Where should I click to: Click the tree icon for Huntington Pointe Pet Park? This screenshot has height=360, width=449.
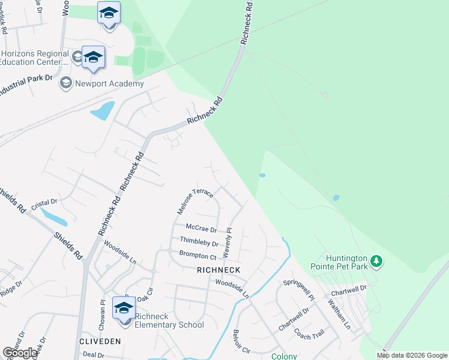pyautogui.click(x=376, y=261)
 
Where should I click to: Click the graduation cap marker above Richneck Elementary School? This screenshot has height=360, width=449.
pyautogui.click(x=124, y=308)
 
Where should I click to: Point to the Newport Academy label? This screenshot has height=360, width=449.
pyautogui.click(x=109, y=83)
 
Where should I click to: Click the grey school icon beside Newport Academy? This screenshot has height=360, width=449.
pyautogui.click(x=66, y=83)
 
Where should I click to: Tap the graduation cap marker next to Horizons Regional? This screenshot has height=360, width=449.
pyautogui.click(x=94, y=58)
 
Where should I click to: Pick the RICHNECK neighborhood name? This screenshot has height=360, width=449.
pyautogui.click(x=218, y=271)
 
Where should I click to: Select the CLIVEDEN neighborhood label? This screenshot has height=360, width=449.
pyautogui.click(x=100, y=341)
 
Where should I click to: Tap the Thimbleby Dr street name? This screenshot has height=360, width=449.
pyautogui.click(x=199, y=242)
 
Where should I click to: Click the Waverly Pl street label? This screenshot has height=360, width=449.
pyautogui.click(x=228, y=243)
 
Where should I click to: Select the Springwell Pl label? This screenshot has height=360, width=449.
pyautogui.click(x=299, y=289)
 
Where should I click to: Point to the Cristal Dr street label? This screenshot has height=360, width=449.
pyautogui.click(x=44, y=203)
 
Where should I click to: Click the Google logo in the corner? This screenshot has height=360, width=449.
pyautogui.click(x=20, y=353)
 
